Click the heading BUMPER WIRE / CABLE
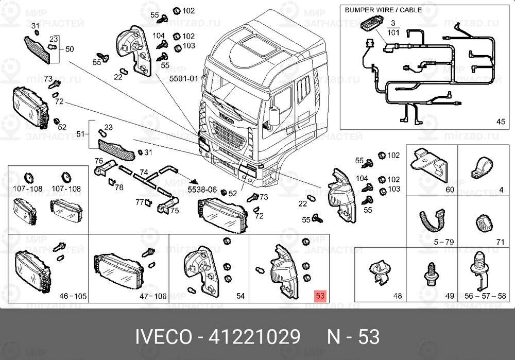[383, 10]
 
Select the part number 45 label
[501, 122]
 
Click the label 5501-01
[184, 79]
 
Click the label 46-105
[73, 297]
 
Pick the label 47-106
[153, 297]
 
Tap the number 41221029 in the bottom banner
[254, 337]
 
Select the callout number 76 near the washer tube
[98, 161]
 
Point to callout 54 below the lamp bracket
[240, 297]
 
